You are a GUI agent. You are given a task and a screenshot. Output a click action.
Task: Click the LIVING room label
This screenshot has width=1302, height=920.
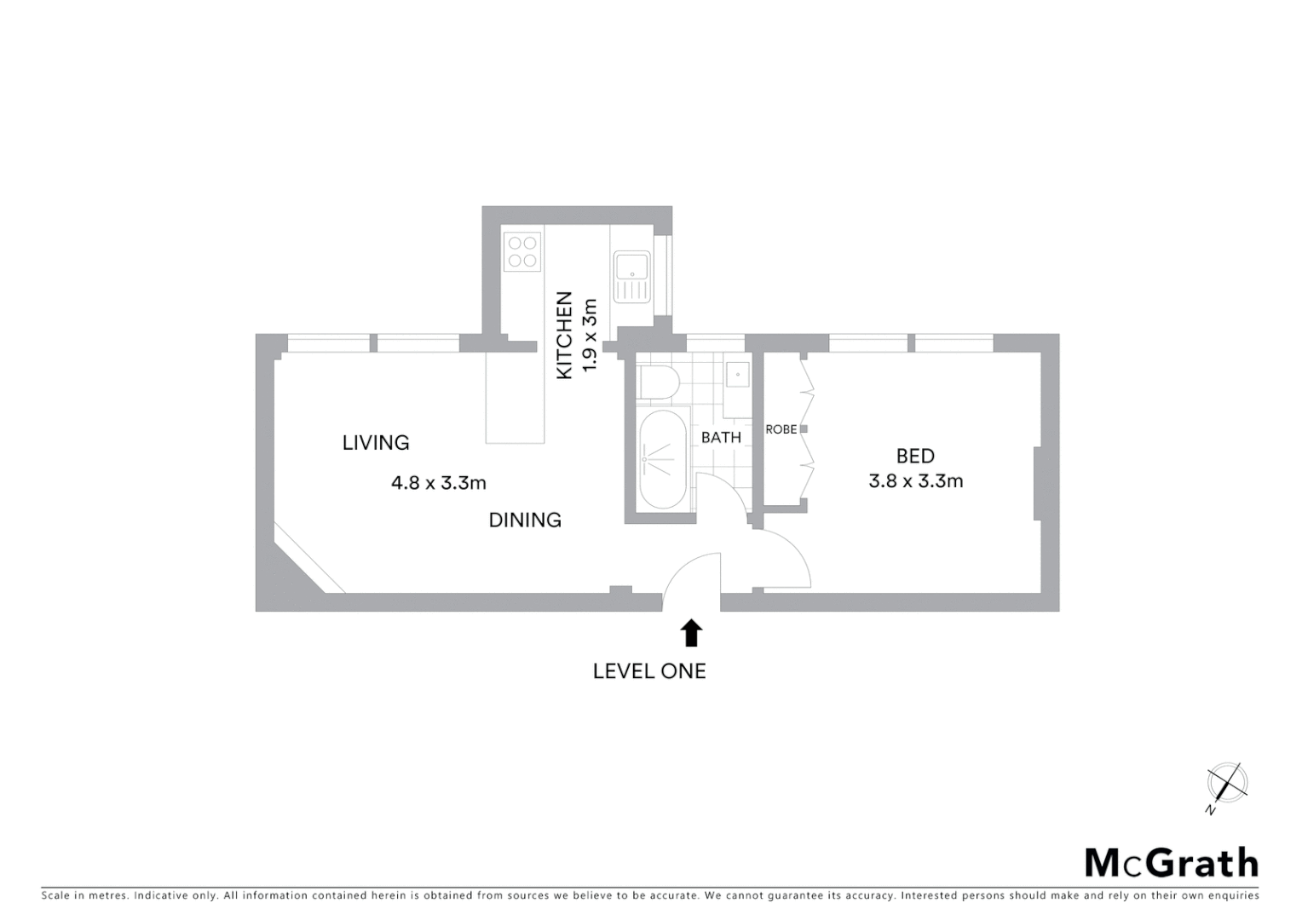(x=376, y=443)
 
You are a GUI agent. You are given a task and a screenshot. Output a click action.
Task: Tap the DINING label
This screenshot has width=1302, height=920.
(x=525, y=520)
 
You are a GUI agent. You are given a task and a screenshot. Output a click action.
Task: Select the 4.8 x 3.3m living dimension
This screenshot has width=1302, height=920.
(x=438, y=483)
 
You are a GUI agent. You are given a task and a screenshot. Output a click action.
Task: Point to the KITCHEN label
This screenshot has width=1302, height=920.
(x=564, y=336)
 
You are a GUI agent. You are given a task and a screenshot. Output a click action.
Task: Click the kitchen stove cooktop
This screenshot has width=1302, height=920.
(x=522, y=252)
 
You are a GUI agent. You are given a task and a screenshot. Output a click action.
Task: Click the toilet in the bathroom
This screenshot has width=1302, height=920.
(x=657, y=383)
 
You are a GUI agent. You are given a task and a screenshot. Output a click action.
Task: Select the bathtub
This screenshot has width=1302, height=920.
(x=663, y=459)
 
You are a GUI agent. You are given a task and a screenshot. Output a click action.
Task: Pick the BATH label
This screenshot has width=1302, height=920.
(x=721, y=438)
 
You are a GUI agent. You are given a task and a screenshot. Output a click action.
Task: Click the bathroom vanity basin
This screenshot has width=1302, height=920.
(x=737, y=374)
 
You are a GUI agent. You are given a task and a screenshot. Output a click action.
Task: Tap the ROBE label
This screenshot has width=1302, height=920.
(x=781, y=429)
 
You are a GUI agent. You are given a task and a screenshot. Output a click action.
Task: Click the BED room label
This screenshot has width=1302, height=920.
(x=915, y=456)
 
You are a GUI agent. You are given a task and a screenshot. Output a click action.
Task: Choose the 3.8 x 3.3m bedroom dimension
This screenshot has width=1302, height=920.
(x=915, y=481)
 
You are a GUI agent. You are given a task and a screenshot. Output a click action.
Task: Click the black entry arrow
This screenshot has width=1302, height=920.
(x=691, y=633)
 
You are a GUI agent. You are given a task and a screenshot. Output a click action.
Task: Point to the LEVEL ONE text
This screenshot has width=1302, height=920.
(x=649, y=671)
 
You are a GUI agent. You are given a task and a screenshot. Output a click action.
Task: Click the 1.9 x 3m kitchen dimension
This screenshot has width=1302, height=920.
(x=589, y=336)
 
